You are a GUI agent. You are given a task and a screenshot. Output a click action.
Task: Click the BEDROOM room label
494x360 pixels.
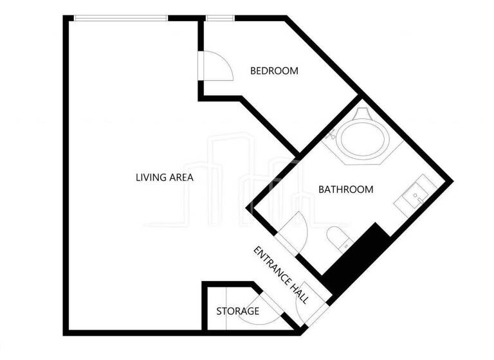point(274,71)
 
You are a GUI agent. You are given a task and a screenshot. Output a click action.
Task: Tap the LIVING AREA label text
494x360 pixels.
point(165,177)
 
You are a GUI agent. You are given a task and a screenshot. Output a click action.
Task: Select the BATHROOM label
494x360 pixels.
point(346,189)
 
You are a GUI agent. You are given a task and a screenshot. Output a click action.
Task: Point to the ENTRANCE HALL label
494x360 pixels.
point(281,274)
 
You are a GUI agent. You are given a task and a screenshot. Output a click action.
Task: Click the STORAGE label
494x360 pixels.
point(237,311)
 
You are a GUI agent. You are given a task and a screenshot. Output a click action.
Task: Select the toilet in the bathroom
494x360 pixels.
point(337,239)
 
